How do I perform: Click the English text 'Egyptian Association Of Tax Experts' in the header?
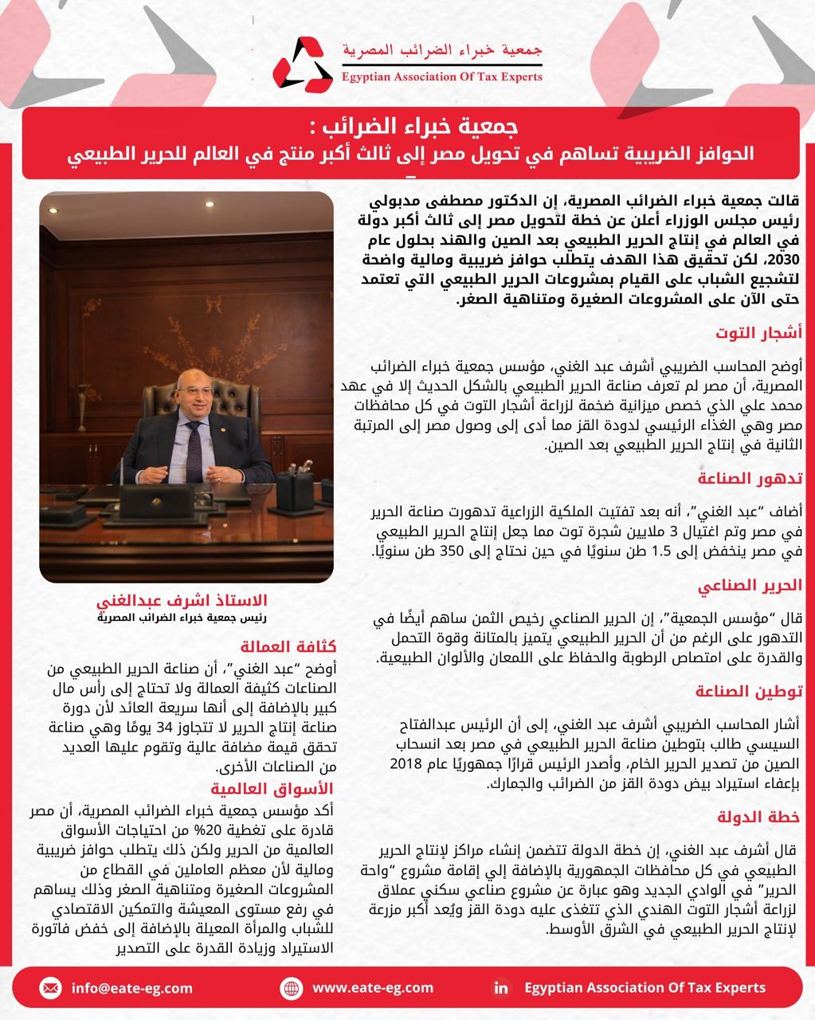click(441, 77)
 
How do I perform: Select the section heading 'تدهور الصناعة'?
click(756, 478)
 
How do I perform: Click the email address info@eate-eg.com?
click(131, 988)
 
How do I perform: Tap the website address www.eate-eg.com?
click(372, 988)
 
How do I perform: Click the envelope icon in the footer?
click(50, 988)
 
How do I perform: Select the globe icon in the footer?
click(292, 988)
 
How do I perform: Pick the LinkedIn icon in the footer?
click(501, 988)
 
